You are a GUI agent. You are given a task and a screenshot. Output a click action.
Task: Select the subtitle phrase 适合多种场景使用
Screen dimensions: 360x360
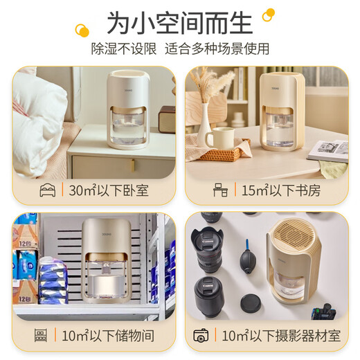217,49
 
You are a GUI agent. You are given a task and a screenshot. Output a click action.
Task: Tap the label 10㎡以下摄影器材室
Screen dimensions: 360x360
281,336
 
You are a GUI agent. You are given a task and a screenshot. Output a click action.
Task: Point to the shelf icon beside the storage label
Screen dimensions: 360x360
41,336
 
